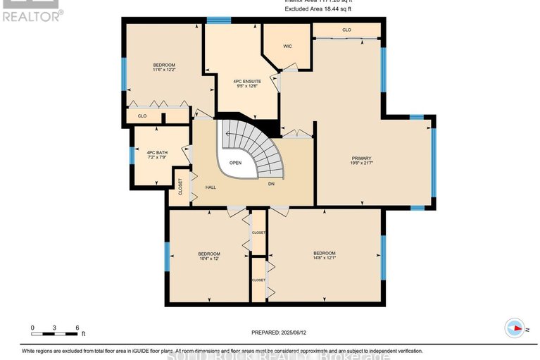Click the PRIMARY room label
coord(361,158)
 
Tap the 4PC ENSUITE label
coord(241,82)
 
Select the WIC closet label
coord(287,46)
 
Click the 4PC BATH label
coord(157,152)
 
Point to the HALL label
coord(211,187)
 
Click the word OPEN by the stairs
coord(235,163)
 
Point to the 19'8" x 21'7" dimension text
coord(361,163)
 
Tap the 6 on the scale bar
coord(76,328)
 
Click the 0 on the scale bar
coord(32,328)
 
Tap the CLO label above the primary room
coord(346,30)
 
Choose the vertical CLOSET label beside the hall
coord(180,187)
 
